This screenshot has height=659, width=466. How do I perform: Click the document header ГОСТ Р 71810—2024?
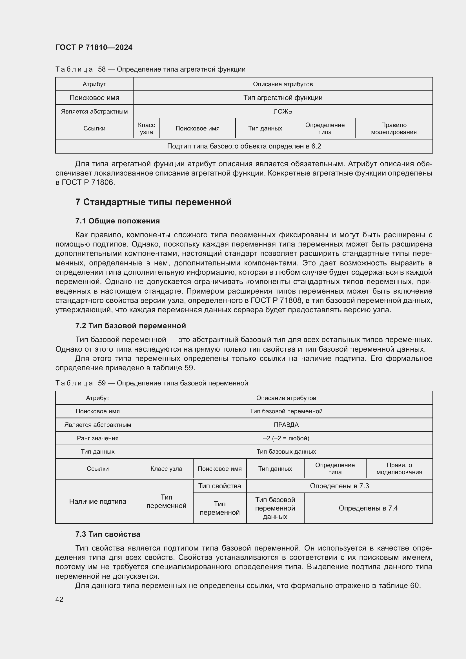[x=94, y=47]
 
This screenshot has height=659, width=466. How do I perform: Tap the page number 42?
[x=59, y=599]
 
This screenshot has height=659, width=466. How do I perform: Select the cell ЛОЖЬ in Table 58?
[x=283, y=111]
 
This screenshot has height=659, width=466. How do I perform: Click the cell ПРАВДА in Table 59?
[x=286, y=425]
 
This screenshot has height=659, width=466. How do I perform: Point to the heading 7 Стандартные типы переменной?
[x=153, y=202]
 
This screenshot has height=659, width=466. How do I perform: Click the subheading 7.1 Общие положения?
[x=117, y=221]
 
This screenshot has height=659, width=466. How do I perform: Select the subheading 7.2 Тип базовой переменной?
[x=130, y=325]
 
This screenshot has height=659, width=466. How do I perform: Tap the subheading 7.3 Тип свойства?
[x=108, y=534]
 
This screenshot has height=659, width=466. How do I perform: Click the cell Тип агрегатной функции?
[x=283, y=97]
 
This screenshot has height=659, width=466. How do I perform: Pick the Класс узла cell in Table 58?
[x=146, y=128]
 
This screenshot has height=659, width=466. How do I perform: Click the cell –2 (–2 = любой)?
[x=286, y=438]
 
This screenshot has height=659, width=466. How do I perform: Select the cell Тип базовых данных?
[x=286, y=451]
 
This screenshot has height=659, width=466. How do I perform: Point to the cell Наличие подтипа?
[x=97, y=502]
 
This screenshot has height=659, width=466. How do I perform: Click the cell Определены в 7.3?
[x=339, y=486]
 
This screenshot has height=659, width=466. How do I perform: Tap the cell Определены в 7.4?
[x=368, y=508]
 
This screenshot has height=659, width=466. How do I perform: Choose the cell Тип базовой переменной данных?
[x=275, y=508]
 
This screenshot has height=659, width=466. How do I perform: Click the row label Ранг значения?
[x=97, y=438]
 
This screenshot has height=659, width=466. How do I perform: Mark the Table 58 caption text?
[x=150, y=69]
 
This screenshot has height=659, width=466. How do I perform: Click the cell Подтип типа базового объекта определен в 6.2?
[x=244, y=146]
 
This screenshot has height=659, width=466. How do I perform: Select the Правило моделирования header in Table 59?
[x=399, y=469]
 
